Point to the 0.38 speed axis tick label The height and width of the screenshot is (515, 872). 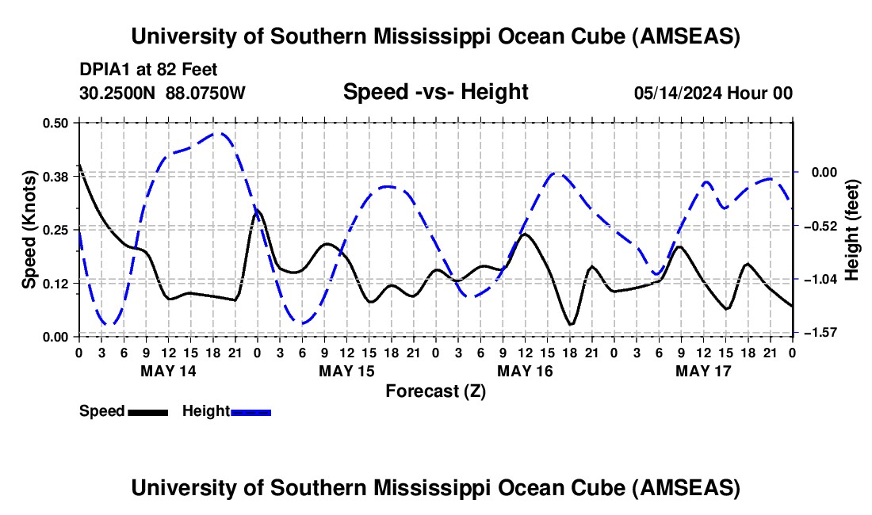[58, 177]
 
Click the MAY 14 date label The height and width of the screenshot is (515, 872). [168, 370]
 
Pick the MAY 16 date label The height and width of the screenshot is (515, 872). [525, 370]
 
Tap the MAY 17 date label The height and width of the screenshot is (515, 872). [703, 370]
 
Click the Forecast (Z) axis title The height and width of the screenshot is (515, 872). [435, 391]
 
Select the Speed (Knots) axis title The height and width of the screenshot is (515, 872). [29, 229]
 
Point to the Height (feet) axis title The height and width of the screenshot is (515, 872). [853, 229]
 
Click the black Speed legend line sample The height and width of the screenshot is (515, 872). [147, 411]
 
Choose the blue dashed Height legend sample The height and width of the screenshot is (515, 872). [251, 411]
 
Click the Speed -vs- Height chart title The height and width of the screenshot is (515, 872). [435, 92]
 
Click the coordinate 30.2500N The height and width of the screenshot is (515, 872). [119, 93]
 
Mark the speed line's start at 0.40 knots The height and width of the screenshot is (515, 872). [79, 165]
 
